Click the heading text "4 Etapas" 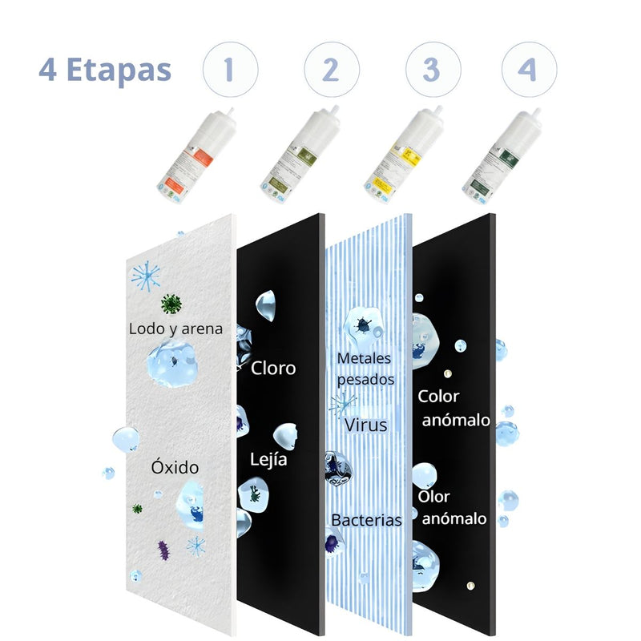pyautogui.click(x=105, y=70)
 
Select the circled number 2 pyautogui.click(x=329, y=70)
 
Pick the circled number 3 pyautogui.click(x=431, y=70)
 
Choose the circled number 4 pyautogui.click(x=528, y=70)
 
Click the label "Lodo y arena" pyautogui.click(x=175, y=328)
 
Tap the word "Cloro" pyautogui.click(x=273, y=369)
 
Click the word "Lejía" pyautogui.click(x=268, y=461)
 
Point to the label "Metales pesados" pyautogui.click(x=365, y=369)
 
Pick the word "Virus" pyautogui.click(x=366, y=425)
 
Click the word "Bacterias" pyautogui.click(x=366, y=520)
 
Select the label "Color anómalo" pyautogui.click(x=454, y=408)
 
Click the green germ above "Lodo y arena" pyautogui.click(x=170, y=304)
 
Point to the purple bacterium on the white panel pyautogui.click(x=164, y=550)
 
